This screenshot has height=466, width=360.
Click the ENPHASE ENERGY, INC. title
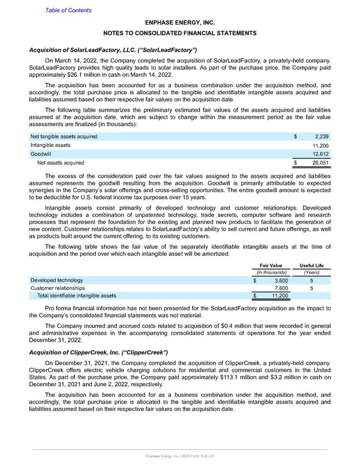tap(180, 21)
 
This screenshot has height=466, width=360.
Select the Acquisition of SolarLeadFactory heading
tap(113, 49)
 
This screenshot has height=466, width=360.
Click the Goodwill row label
tap(41, 154)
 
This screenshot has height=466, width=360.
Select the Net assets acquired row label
tap(61, 162)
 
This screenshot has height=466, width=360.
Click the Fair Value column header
tap(271, 265)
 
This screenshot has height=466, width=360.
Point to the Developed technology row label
tap(57, 280)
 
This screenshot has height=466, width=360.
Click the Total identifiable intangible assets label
tap(77, 295)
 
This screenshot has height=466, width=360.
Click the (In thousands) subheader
tap(271, 273)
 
